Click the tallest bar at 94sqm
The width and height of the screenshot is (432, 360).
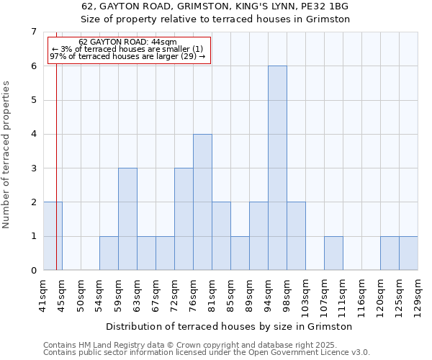tap(277, 168)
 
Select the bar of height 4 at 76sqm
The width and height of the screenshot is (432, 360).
tap(202, 202)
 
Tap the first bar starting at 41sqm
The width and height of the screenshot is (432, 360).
tap(53, 235)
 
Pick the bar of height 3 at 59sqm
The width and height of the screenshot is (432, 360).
tap(127, 219)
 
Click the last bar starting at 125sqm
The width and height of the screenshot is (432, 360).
tap(408, 253)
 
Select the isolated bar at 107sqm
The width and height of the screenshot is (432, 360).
tap(333, 253)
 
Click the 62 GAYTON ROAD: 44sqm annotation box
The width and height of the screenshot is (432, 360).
tap(130, 50)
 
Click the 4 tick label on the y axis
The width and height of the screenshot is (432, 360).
tap(33, 134)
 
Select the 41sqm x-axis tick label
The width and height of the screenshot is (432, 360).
tap(43, 292)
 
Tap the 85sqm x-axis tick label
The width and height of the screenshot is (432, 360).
tap(230, 292)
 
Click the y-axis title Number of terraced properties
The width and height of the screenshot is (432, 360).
tap(7, 155)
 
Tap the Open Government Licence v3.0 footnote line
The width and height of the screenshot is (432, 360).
tap(206, 353)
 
